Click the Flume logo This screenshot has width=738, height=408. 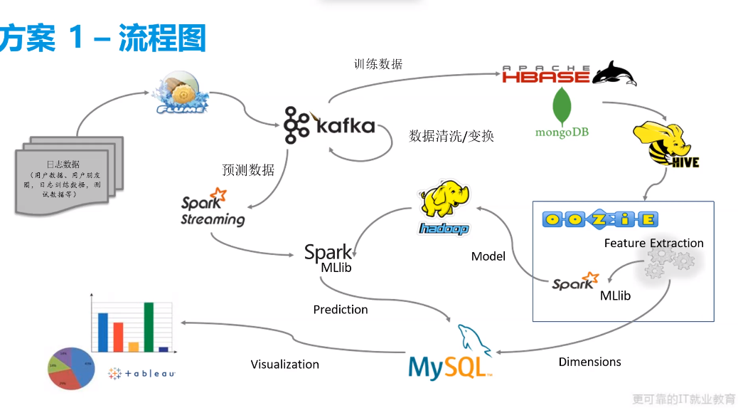[181, 93]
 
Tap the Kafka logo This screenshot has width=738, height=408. [328, 126]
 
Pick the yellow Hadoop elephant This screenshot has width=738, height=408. [444, 207]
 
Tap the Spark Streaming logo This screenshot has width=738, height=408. [213, 208]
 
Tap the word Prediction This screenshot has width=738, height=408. [341, 310]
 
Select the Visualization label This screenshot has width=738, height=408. [284, 365]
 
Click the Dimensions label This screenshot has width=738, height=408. [589, 362]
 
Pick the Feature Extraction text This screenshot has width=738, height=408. [653, 244]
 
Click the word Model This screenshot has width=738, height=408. [488, 256]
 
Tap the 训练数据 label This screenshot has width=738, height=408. [378, 64]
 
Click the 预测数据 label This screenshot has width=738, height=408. [248, 170]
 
